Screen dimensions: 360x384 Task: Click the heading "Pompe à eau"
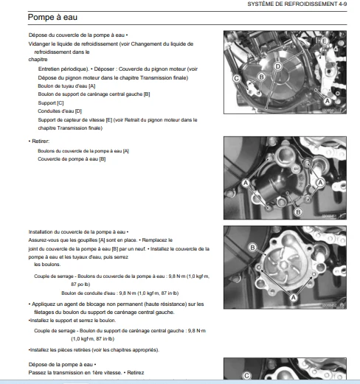[52, 17]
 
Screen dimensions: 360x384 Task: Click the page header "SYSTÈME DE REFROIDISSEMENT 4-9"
[297, 4]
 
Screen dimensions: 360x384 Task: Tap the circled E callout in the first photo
[324, 41]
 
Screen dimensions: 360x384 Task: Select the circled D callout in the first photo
[277, 66]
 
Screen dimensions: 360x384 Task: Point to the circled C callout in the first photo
[237, 78]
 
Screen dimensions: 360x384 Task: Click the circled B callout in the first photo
[261, 77]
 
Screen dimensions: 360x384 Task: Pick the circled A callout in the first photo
[328, 101]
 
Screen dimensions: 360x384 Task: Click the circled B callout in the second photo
[298, 212]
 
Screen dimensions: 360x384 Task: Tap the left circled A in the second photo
[246, 183]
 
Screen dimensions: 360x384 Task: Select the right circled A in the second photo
[320, 183]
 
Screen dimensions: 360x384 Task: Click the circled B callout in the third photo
[252, 248]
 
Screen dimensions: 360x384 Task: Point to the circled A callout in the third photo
[293, 298]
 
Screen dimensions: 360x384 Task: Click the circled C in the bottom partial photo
[246, 375]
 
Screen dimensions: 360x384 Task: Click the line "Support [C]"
[51, 103]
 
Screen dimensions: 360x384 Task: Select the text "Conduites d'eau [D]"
[60, 111]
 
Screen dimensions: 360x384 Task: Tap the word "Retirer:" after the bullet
[41, 142]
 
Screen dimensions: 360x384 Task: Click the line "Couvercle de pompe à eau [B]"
[72, 159]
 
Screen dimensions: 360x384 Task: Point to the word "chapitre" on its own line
[38, 60]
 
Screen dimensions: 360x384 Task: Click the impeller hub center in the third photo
[283, 265]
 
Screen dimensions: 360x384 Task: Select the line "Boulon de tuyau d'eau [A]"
[66, 86]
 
